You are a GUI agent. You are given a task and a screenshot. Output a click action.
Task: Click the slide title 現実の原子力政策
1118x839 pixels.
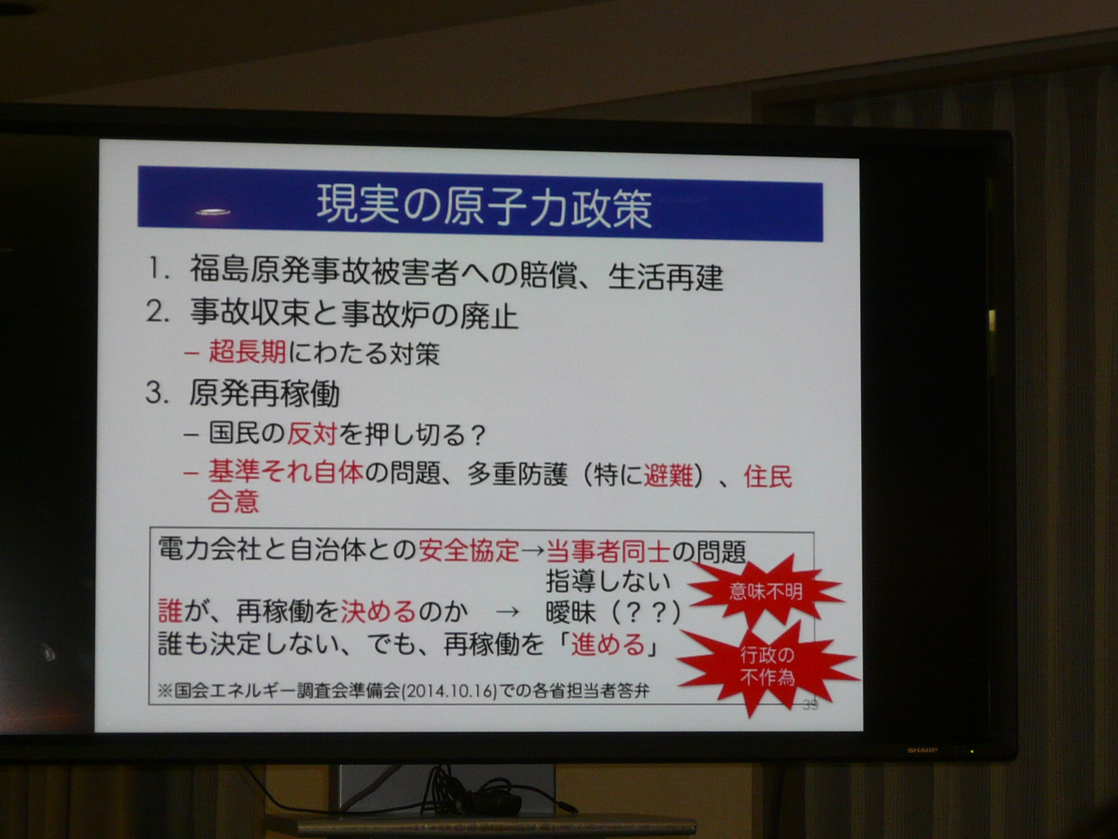click(484, 206)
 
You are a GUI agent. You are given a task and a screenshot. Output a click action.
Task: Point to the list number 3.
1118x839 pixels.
click(157, 393)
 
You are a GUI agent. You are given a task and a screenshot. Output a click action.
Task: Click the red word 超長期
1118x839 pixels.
click(247, 352)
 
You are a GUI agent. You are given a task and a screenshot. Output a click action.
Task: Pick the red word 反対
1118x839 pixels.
click(312, 434)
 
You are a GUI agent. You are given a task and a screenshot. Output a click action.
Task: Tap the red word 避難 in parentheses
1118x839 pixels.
click(668, 476)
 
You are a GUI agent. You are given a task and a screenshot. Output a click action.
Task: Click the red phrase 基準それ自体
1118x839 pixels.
click(286, 472)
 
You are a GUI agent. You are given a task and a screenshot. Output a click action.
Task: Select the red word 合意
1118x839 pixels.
click(233, 501)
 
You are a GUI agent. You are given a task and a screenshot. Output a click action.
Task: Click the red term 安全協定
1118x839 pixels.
click(469, 550)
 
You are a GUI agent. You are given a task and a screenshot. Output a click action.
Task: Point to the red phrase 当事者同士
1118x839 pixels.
click(608, 551)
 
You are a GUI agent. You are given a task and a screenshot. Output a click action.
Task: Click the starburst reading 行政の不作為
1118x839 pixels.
click(767, 666)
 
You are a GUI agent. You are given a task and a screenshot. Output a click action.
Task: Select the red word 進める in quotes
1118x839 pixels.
click(608, 645)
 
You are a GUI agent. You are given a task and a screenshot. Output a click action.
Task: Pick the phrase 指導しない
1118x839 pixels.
click(608, 581)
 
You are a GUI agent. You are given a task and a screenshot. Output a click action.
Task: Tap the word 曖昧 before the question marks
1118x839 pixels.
click(570, 612)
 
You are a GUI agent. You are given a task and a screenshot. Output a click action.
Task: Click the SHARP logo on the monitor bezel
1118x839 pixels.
click(922, 750)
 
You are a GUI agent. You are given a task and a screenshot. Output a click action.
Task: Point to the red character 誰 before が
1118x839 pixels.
click(170, 610)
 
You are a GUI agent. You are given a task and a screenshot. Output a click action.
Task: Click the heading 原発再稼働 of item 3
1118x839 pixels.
click(264, 394)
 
